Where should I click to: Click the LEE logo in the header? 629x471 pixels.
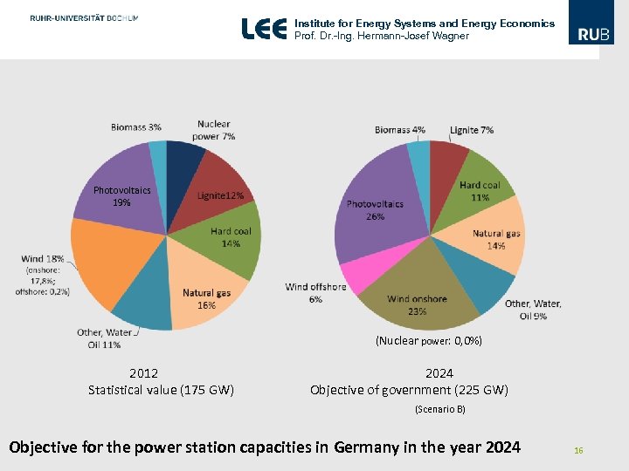[x=264, y=29]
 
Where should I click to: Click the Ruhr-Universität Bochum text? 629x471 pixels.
[x=83, y=17]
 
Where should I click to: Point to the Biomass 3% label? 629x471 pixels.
[x=135, y=127]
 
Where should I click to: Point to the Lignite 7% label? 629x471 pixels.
[x=472, y=130]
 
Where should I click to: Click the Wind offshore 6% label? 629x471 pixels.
[x=315, y=293]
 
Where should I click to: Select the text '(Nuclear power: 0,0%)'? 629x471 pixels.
[x=429, y=341]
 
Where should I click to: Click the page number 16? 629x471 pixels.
[x=577, y=450]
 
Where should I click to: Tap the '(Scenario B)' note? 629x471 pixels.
[x=439, y=408]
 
